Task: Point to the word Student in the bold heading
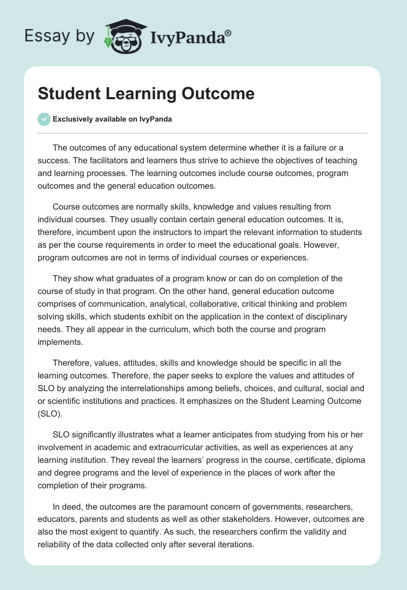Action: click(x=63, y=94)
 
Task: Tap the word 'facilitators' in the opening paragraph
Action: click(x=102, y=161)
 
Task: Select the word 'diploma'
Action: click(x=346, y=460)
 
